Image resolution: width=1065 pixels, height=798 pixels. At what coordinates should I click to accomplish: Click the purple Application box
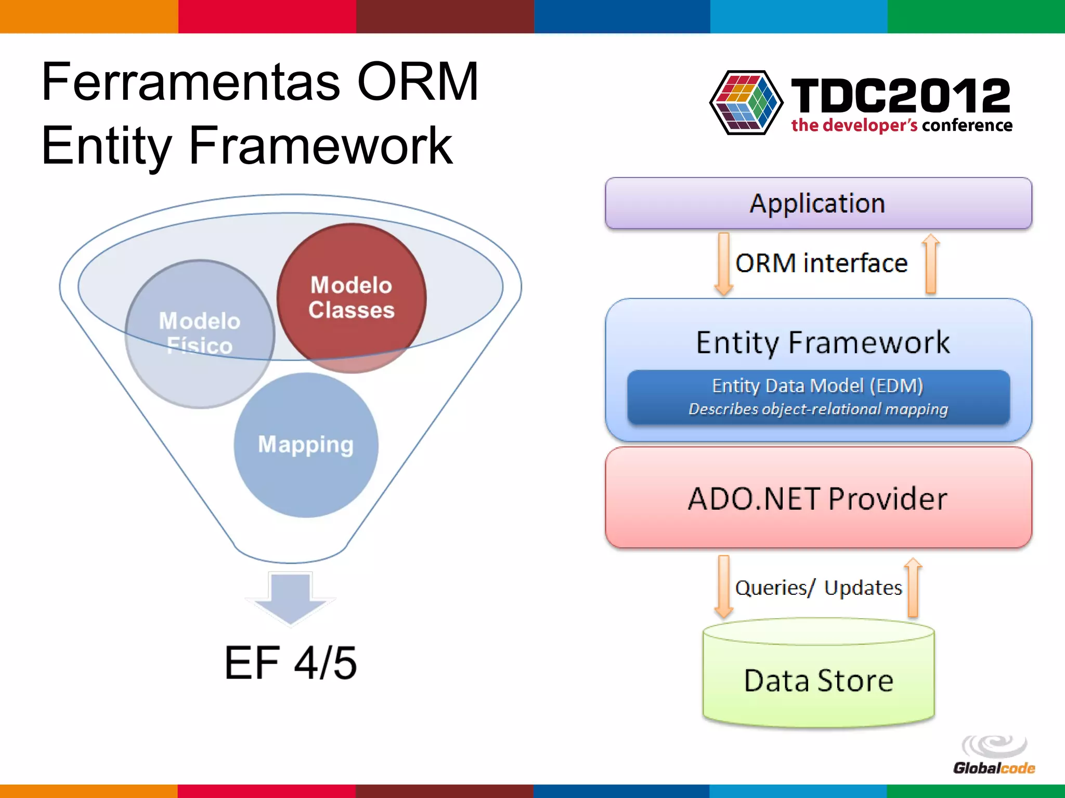click(x=818, y=203)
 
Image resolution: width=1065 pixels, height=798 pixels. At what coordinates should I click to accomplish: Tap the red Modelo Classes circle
click(x=352, y=298)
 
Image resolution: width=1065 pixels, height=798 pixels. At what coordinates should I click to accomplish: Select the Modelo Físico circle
click(x=200, y=334)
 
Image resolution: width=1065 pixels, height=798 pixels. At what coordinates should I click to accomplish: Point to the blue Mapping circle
click(x=306, y=445)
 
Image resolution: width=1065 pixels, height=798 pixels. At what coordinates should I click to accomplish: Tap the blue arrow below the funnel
click(x=290, y=597)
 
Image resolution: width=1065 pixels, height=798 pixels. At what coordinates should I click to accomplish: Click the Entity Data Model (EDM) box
click(x=818, y=397)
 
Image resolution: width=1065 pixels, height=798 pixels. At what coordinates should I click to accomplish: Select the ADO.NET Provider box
click(x=818, y=498)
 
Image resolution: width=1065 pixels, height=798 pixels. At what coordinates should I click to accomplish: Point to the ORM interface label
click(x=821, y=263)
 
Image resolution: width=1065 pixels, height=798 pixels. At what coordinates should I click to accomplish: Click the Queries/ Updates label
click(x=818, y=588)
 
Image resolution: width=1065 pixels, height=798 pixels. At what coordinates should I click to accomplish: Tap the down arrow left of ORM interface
click(x=723, y=264)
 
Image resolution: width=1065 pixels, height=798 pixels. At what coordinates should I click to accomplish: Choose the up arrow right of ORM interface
click(x=930, y=264)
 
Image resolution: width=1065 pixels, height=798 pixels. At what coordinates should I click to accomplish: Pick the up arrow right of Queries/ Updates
click(x=913, y=587)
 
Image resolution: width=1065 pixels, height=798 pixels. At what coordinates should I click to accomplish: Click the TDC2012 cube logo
click(x=746, y=102)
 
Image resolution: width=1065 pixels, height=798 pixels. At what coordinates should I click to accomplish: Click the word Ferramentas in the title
click(x=190, y=82)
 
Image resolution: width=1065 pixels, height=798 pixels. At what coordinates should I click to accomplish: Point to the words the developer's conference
click(x=901, y=125)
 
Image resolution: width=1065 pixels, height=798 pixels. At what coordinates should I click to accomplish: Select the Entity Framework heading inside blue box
click(x=823, y=342)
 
